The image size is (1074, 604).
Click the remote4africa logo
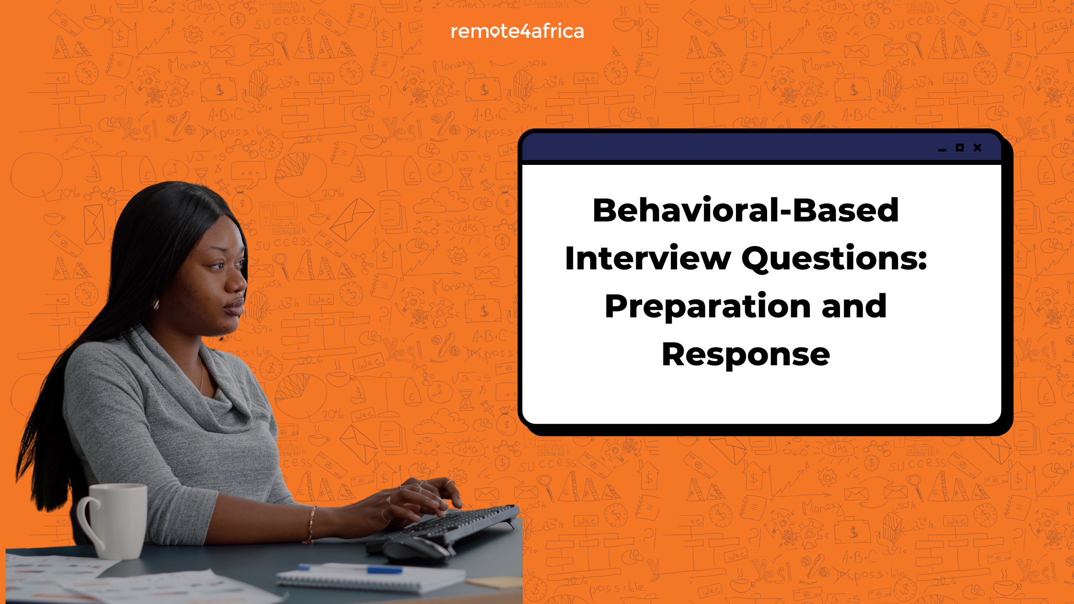click(517, 31)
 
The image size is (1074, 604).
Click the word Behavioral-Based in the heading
click(746, 210)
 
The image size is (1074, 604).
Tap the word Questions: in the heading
click(834, 259)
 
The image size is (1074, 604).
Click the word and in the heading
click(854, 306)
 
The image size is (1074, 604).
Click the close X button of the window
click(978, 148)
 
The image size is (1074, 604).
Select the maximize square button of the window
click(959, 148)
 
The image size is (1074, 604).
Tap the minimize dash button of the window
click(942, 151)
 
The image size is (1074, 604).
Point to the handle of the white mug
click(86, 523)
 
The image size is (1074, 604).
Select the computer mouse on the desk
click(415, 550)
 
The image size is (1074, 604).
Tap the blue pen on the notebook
click(350, 569)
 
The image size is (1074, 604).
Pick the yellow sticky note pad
click(494, 582)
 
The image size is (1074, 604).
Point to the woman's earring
click(156, 303)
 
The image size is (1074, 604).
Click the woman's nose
click(237, 282)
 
